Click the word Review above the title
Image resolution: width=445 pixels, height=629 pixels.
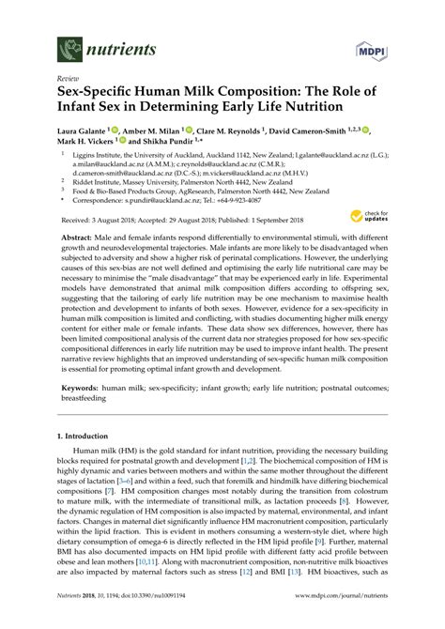click(x=69, y=81)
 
